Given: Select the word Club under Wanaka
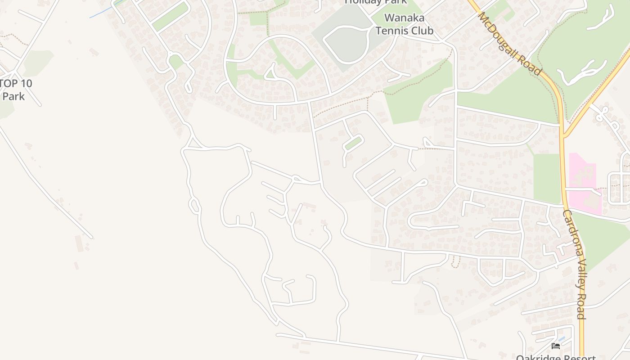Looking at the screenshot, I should click(x=422, y=31).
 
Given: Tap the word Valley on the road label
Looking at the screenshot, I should click(x=577, y=273).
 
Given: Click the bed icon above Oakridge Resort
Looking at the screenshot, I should click(x=556, y=346).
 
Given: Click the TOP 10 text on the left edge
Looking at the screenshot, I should click(x=16, y=84).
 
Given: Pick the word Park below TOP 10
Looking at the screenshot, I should click(x=13, y=96).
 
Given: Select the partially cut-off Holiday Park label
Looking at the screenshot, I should click(x=376, y=2).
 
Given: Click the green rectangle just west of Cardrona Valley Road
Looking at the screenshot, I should click(x=546, y=178).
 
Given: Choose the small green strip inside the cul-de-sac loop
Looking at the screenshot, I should click(x=353, y=144).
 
